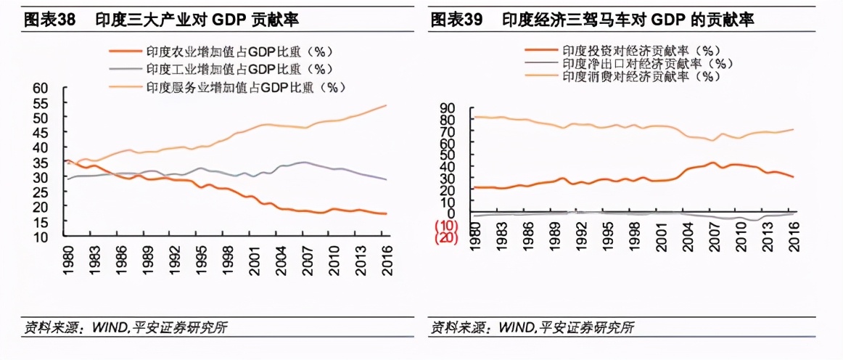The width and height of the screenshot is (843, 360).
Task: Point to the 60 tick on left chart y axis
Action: pyautogui.click(x=40, y=88)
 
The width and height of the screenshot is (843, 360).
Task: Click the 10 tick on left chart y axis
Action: pyautogui.click(x=40, y=237)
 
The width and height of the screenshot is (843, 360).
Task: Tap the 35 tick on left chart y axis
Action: pyautogui.click(x=40, y=162)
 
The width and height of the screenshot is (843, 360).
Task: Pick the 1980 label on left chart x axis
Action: pyautogui.click(x=67, y=258)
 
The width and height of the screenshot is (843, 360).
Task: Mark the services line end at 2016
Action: pyautogui.click(x=387, y=105)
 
